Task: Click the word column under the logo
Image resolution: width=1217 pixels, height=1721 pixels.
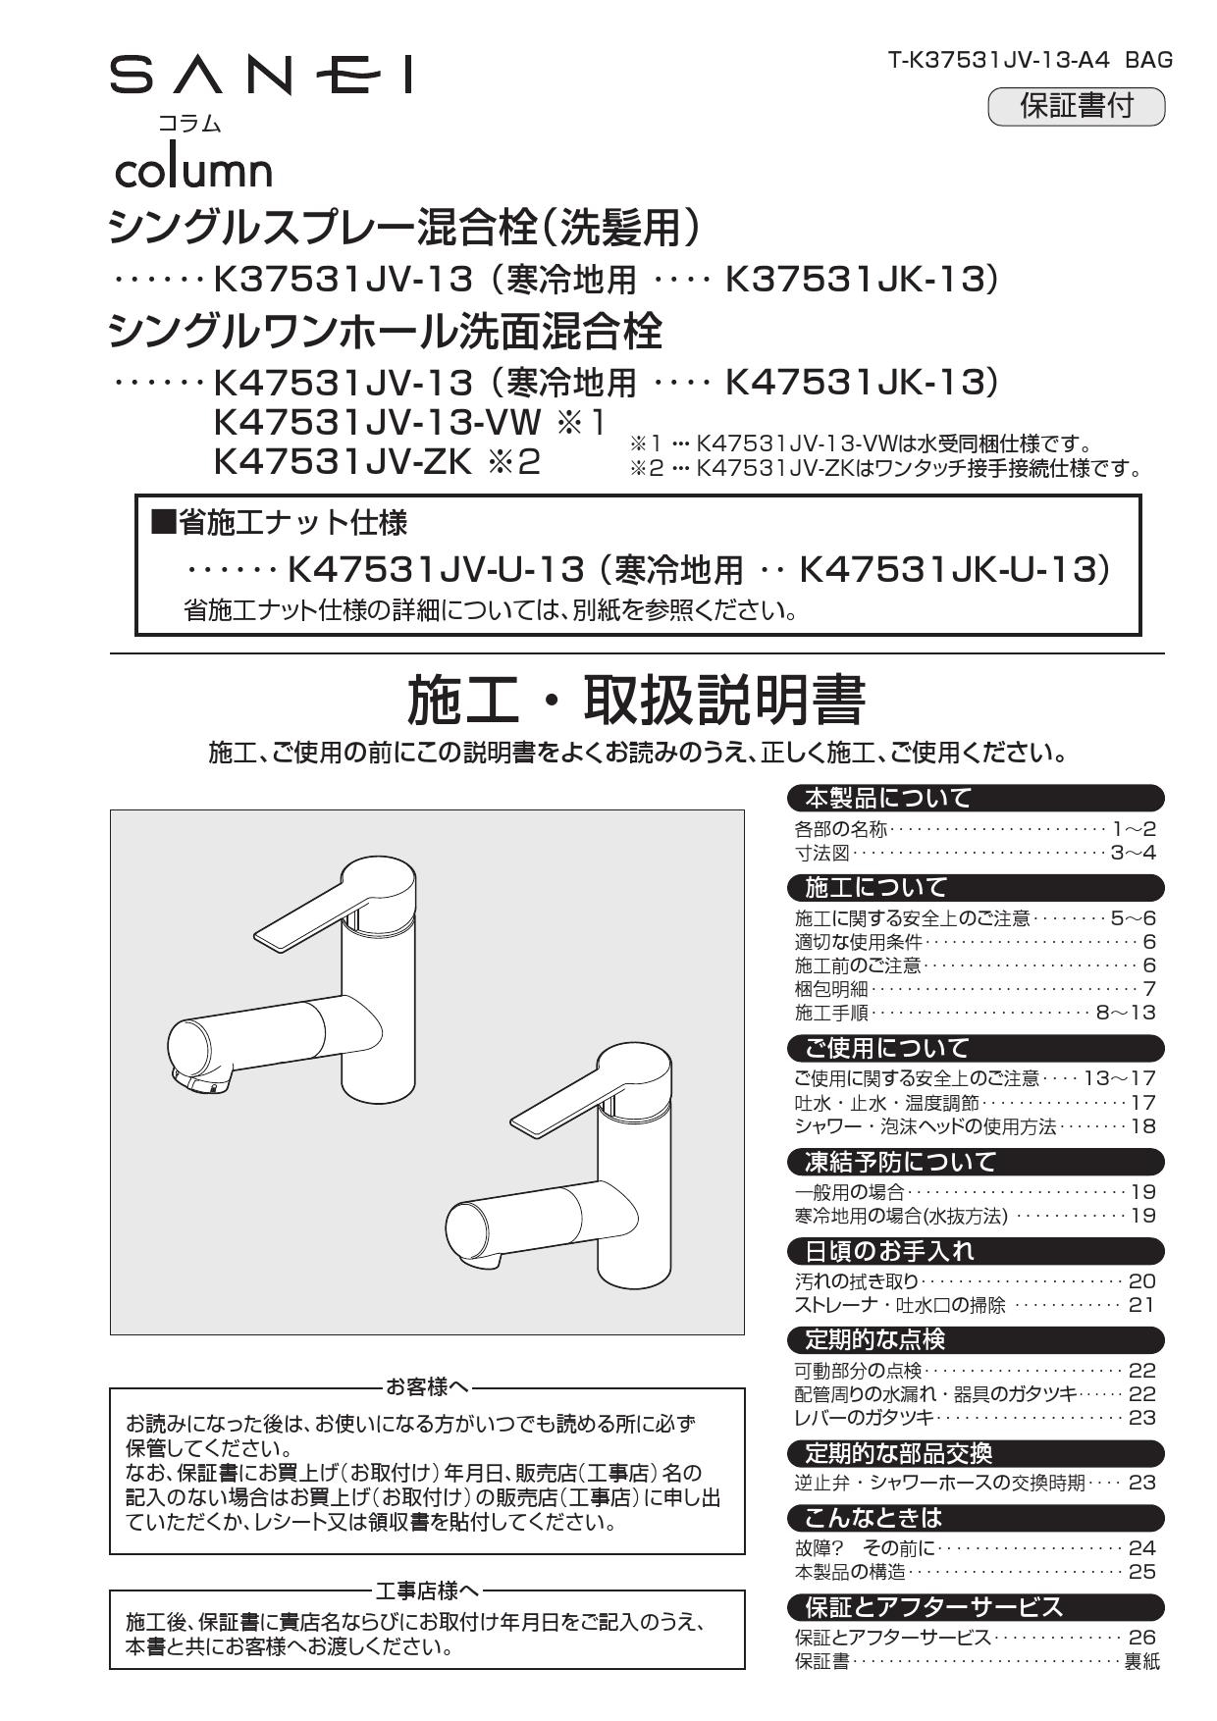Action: point(193,170)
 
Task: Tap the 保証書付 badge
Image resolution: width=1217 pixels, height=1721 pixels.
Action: point(1076,106)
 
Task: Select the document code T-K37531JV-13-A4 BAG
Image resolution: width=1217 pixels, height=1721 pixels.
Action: point(1030,60)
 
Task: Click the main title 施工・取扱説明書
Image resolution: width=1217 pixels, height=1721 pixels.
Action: point(636,701)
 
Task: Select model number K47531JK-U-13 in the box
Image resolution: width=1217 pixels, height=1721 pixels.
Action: point(946,568)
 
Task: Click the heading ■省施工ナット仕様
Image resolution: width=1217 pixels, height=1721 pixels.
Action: point(278,523)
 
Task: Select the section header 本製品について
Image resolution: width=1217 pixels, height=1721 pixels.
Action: point(887,798)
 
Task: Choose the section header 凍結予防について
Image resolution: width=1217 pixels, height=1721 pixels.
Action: point(899,1162)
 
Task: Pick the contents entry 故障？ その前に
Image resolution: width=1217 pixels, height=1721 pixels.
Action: point(865,1548)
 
